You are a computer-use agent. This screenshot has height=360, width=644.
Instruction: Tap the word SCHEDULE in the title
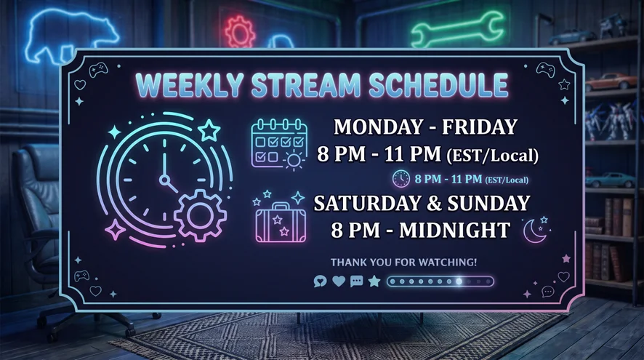point(438,84)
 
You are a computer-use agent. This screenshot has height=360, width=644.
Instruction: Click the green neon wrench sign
point(457,30)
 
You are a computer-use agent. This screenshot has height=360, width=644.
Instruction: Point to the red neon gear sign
point(240,31)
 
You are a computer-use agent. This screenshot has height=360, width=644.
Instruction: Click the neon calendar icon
point(279,144)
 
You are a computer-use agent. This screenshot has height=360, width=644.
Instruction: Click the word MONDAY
point(377,127)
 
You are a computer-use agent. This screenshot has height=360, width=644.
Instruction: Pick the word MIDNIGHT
point(455,230)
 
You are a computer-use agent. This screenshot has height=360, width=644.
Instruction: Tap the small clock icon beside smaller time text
point(401,179)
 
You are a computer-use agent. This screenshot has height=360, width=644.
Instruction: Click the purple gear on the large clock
point(200,215)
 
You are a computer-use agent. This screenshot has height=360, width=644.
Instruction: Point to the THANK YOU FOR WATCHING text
point(403,263)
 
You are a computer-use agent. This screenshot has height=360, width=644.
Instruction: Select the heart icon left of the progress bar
point(339,281)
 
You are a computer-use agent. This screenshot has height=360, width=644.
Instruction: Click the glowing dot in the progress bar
point(459,281)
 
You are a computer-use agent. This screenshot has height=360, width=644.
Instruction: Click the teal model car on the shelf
point(610,180)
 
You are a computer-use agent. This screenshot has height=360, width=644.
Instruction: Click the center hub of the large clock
point(165,180)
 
